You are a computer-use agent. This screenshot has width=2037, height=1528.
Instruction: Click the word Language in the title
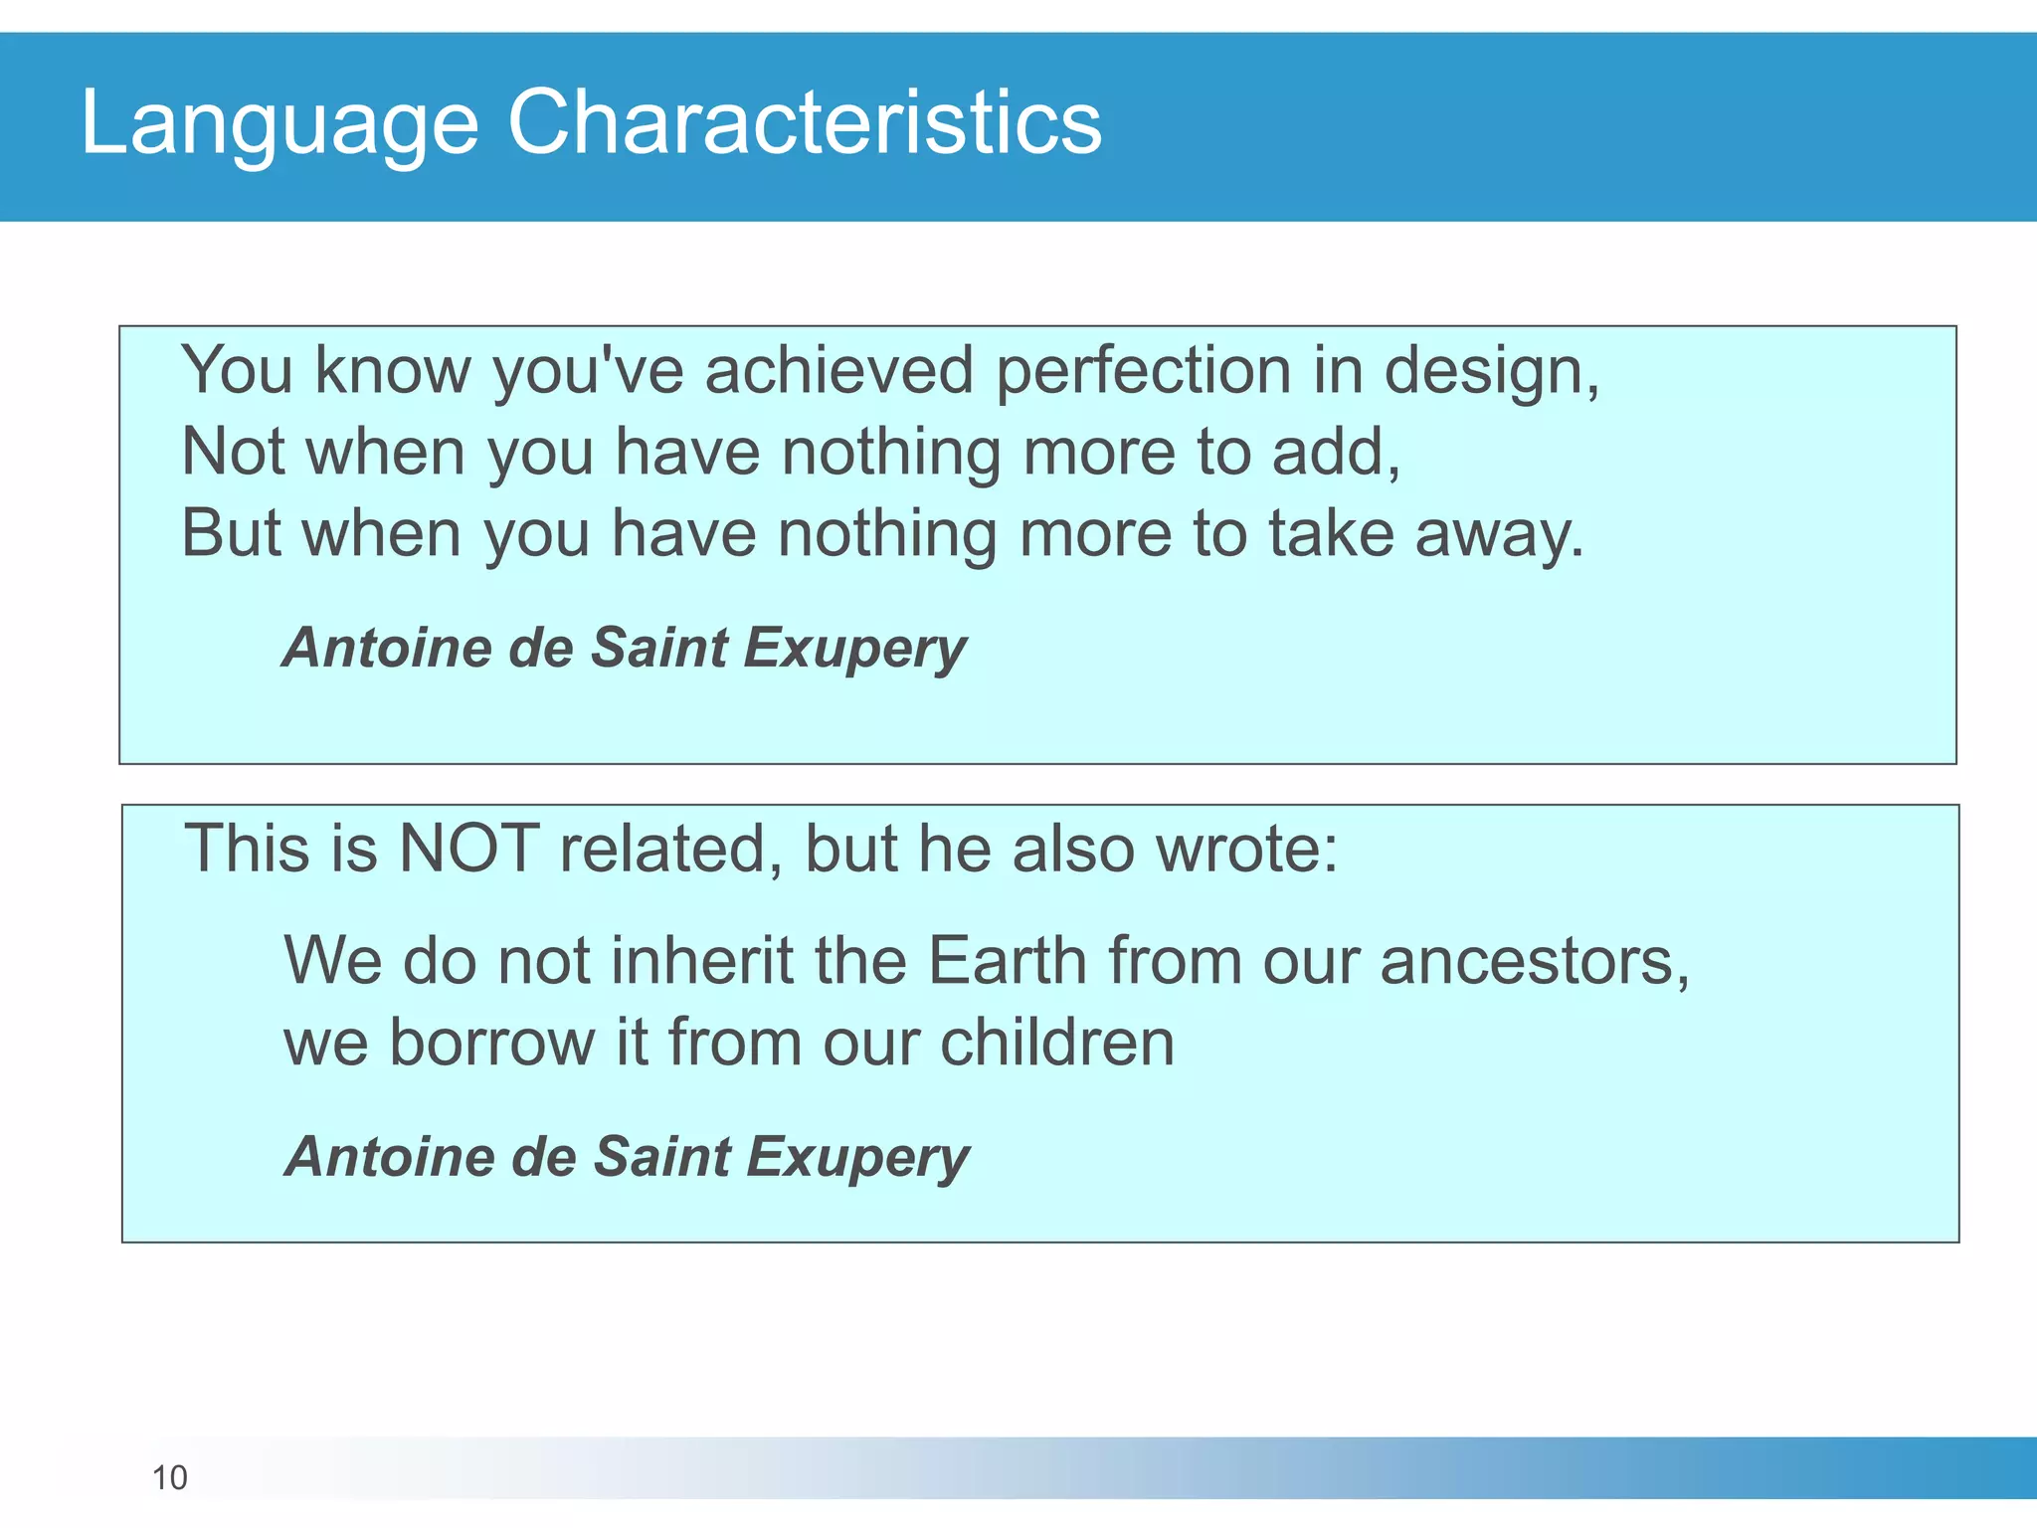(278, 124)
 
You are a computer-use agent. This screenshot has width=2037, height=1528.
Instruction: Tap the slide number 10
(169, 1478)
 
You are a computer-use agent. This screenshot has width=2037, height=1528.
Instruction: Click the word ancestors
(1532, 963)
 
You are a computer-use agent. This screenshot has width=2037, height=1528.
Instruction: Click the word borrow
(491, 1043)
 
